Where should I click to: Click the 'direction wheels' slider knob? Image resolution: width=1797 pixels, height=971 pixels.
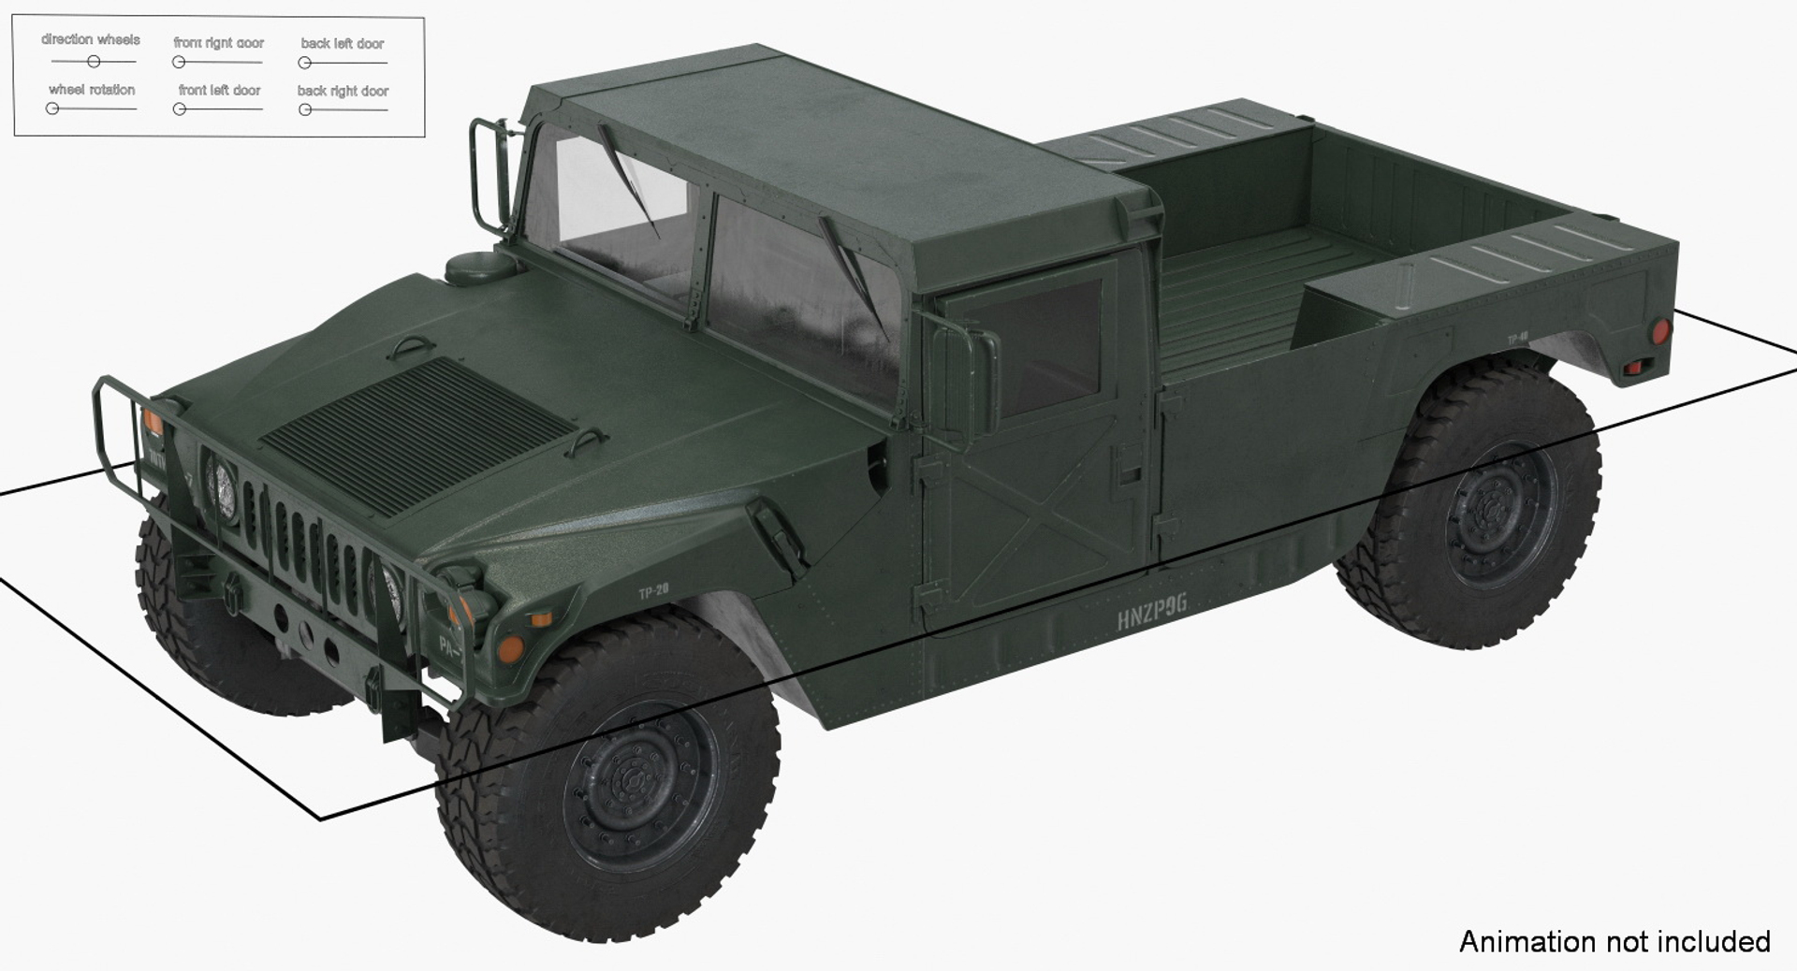click(94, 62)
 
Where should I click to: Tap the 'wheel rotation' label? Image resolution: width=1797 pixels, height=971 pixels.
click(92, 90)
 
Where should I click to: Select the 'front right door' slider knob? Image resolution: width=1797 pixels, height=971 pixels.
click(179, 63)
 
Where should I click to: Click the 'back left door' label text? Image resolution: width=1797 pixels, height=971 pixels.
click(343, 44)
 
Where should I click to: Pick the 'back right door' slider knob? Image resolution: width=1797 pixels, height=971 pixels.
click(305, 110)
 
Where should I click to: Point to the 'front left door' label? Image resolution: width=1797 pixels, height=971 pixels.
click(219, 91)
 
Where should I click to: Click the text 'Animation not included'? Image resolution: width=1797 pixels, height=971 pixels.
click(1614, 941)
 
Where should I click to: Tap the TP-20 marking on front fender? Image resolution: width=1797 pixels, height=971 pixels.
click(653, 591)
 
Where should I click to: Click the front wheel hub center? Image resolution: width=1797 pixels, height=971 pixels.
click(636, 784)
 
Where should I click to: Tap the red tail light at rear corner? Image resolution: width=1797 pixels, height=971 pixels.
click(1659, 331)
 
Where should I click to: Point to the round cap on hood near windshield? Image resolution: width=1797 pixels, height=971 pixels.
click(478, 266)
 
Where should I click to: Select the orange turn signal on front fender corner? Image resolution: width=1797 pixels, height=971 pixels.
click(511, 647)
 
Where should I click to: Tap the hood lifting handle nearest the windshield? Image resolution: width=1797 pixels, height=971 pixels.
click(412, 348)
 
